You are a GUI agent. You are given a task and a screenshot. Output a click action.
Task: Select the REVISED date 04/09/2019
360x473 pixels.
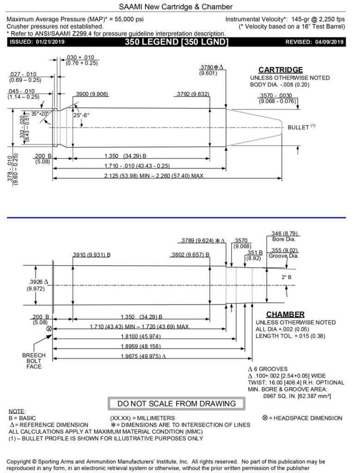325,42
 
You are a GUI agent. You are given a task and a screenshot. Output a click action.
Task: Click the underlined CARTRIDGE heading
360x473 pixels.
281,70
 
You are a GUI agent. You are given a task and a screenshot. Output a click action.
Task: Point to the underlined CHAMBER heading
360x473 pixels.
285,314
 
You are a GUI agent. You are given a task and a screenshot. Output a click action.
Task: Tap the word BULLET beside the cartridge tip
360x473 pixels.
298,127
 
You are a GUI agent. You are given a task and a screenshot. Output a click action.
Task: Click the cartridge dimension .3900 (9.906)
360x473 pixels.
91,94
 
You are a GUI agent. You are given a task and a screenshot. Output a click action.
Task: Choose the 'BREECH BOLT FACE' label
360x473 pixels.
34,361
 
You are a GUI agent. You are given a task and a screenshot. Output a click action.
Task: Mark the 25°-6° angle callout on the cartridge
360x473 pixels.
80,115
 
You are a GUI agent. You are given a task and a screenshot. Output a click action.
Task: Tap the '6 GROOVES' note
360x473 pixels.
271,369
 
